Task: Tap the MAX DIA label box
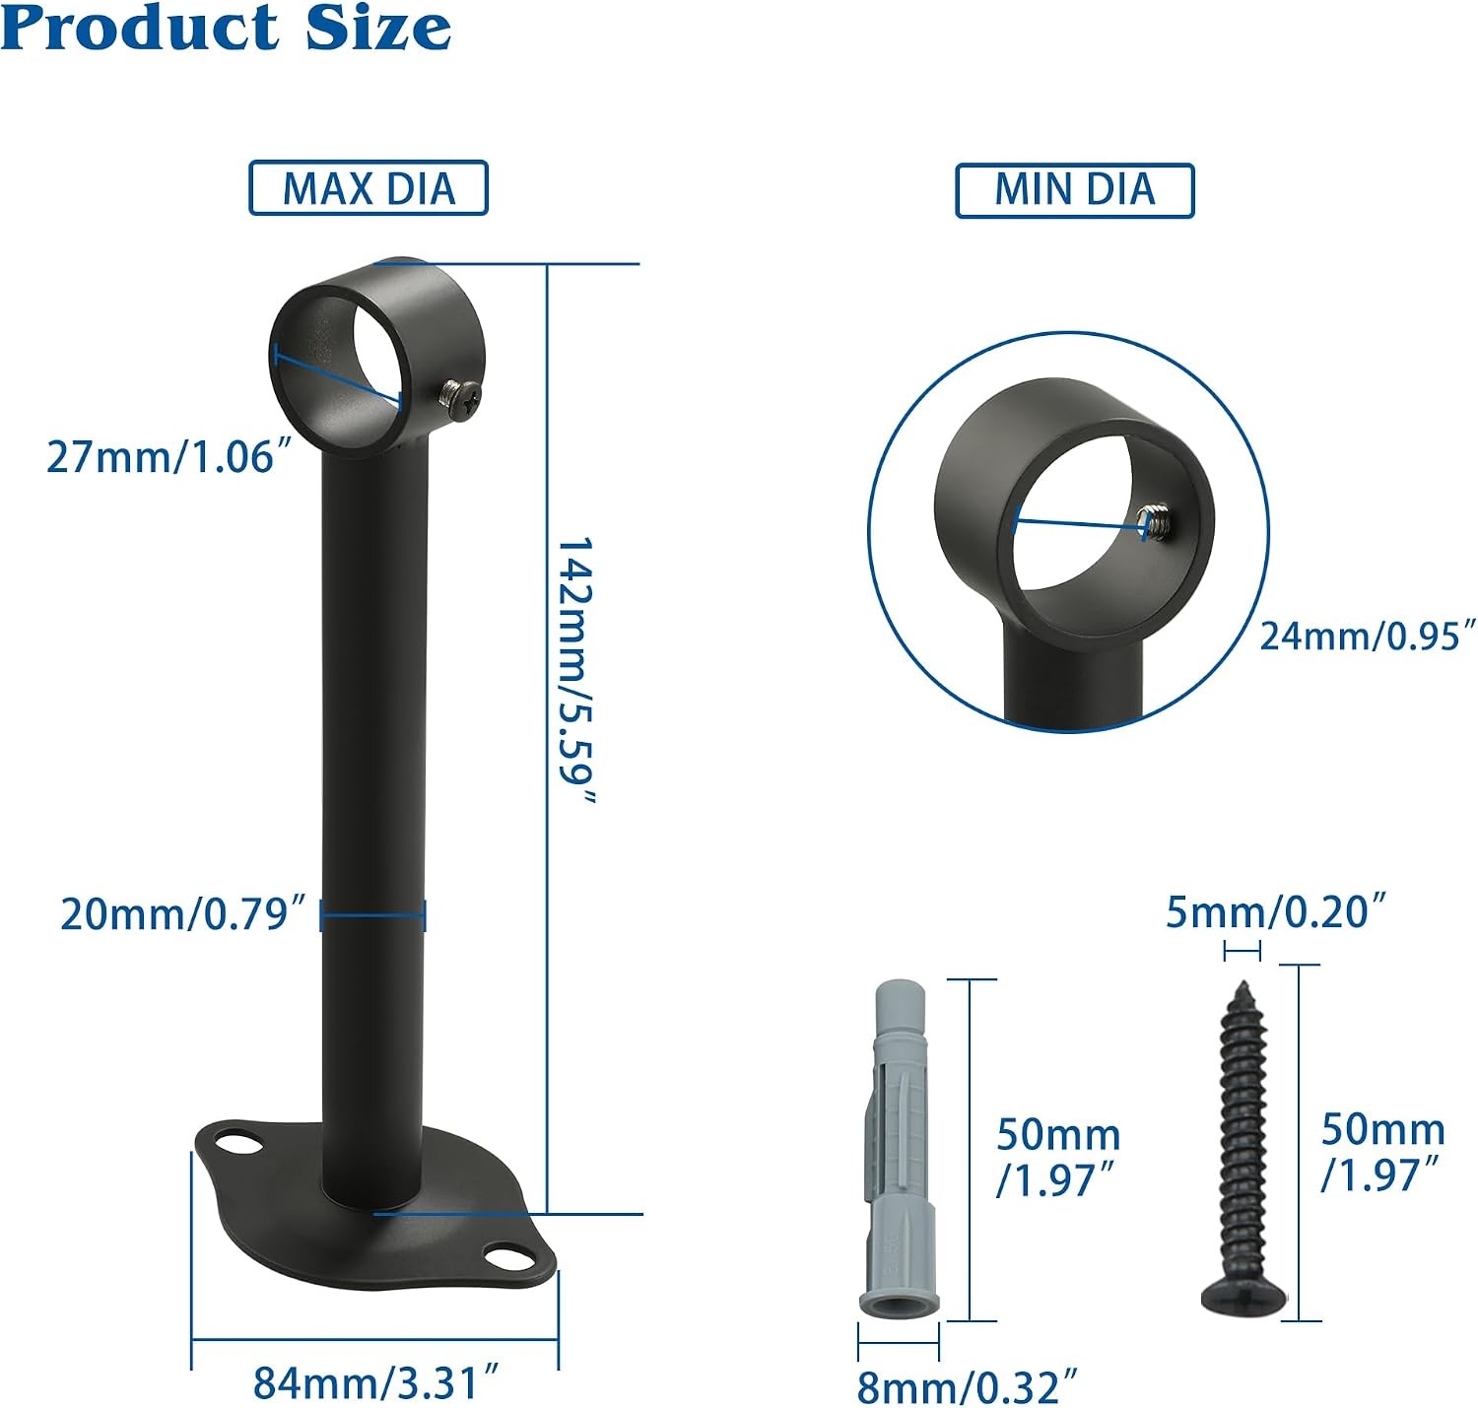click(x=369, y=188)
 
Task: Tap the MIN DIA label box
click(x=1074, y=190)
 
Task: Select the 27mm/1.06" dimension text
click(x=169, y=456)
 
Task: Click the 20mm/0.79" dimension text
click(x=183, y=915)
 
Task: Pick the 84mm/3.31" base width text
click(x=375, y=1382)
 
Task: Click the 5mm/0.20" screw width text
click(x=1276, y=912)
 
